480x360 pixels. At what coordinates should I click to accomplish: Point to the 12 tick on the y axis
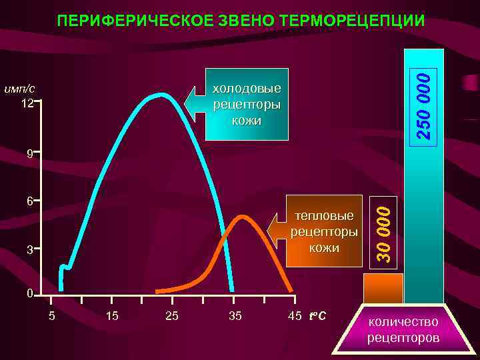click(27, 104)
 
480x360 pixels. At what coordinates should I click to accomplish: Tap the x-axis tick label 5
click(51, 315)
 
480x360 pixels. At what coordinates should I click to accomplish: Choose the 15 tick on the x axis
click(112, 315)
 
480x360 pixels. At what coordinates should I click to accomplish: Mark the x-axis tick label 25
click(171, 315)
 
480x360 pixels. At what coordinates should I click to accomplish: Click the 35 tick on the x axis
click(235, 315)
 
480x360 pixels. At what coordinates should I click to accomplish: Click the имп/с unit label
click(20, 89)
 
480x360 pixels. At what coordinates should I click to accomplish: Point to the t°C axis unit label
click(317, 315)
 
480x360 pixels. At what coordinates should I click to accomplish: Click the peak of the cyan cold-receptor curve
click(161, 95)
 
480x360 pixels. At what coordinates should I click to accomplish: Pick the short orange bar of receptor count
click(383, 288)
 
